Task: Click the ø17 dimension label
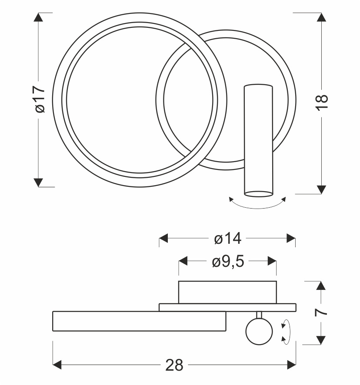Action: pyautogui.click(x=40, y=99)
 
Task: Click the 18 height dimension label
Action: pyautogui.click(x=322, y=103)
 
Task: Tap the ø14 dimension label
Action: pyautogui.click(x=227, y=239)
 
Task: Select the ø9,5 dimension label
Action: pyautogui.click(x=228, y=261)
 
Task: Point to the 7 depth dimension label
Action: pyautogui.click(x=321, y=312)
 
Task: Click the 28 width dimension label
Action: pyautogui.click(x=174, y=365)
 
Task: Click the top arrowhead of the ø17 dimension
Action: pyautogui.click(x=38, y=17)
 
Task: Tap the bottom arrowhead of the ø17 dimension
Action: pyautogui.click(x=38, y=183)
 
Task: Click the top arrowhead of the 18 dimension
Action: pyautogui.click(x=321, y=17)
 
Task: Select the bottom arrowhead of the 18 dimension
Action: pyautogui.click(x=321, y=189)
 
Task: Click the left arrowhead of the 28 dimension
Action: pyautogui.click(x=57, y=365)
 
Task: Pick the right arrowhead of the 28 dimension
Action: pyautogui.click(x=292, y=365)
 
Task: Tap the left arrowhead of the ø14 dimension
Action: pyautogui.click(x=163, y=238)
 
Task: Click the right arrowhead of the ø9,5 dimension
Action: pyautogui.click(x=272, y=261)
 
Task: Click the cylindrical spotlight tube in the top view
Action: pyautogui.click(x=259, y=140)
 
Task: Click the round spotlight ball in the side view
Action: pyautogui.click(x=259, y=331)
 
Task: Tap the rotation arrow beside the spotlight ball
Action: pyautogui.click(x=286, y=332)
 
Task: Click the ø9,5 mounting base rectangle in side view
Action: pyautogui.click(x=227, y=292)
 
